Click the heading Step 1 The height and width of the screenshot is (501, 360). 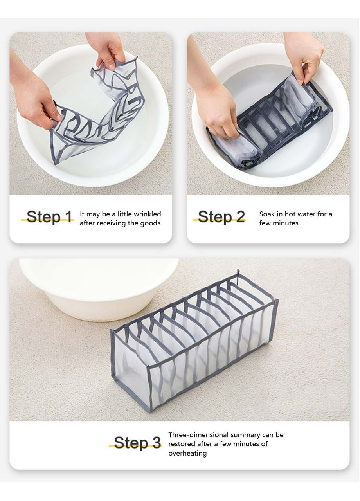[49, 216]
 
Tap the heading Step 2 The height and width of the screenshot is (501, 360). [221, 216]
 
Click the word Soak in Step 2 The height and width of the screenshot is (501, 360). [267, 214]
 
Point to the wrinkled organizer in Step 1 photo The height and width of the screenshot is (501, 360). [97, 114]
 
